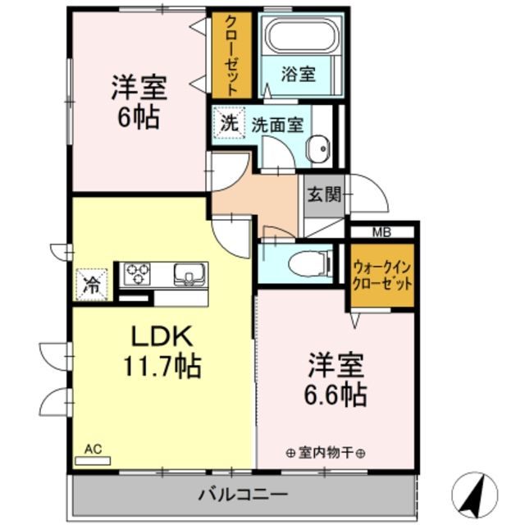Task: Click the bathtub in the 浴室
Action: (299, 38)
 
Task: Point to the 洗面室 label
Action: (277, 126)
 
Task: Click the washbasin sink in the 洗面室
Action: (317, 149)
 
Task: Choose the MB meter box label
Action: (382, 232)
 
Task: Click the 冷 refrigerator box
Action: (93, 284)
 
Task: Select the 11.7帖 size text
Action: (162, 367)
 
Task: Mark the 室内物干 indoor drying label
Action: (326, 452)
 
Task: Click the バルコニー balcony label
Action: (242, 495)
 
